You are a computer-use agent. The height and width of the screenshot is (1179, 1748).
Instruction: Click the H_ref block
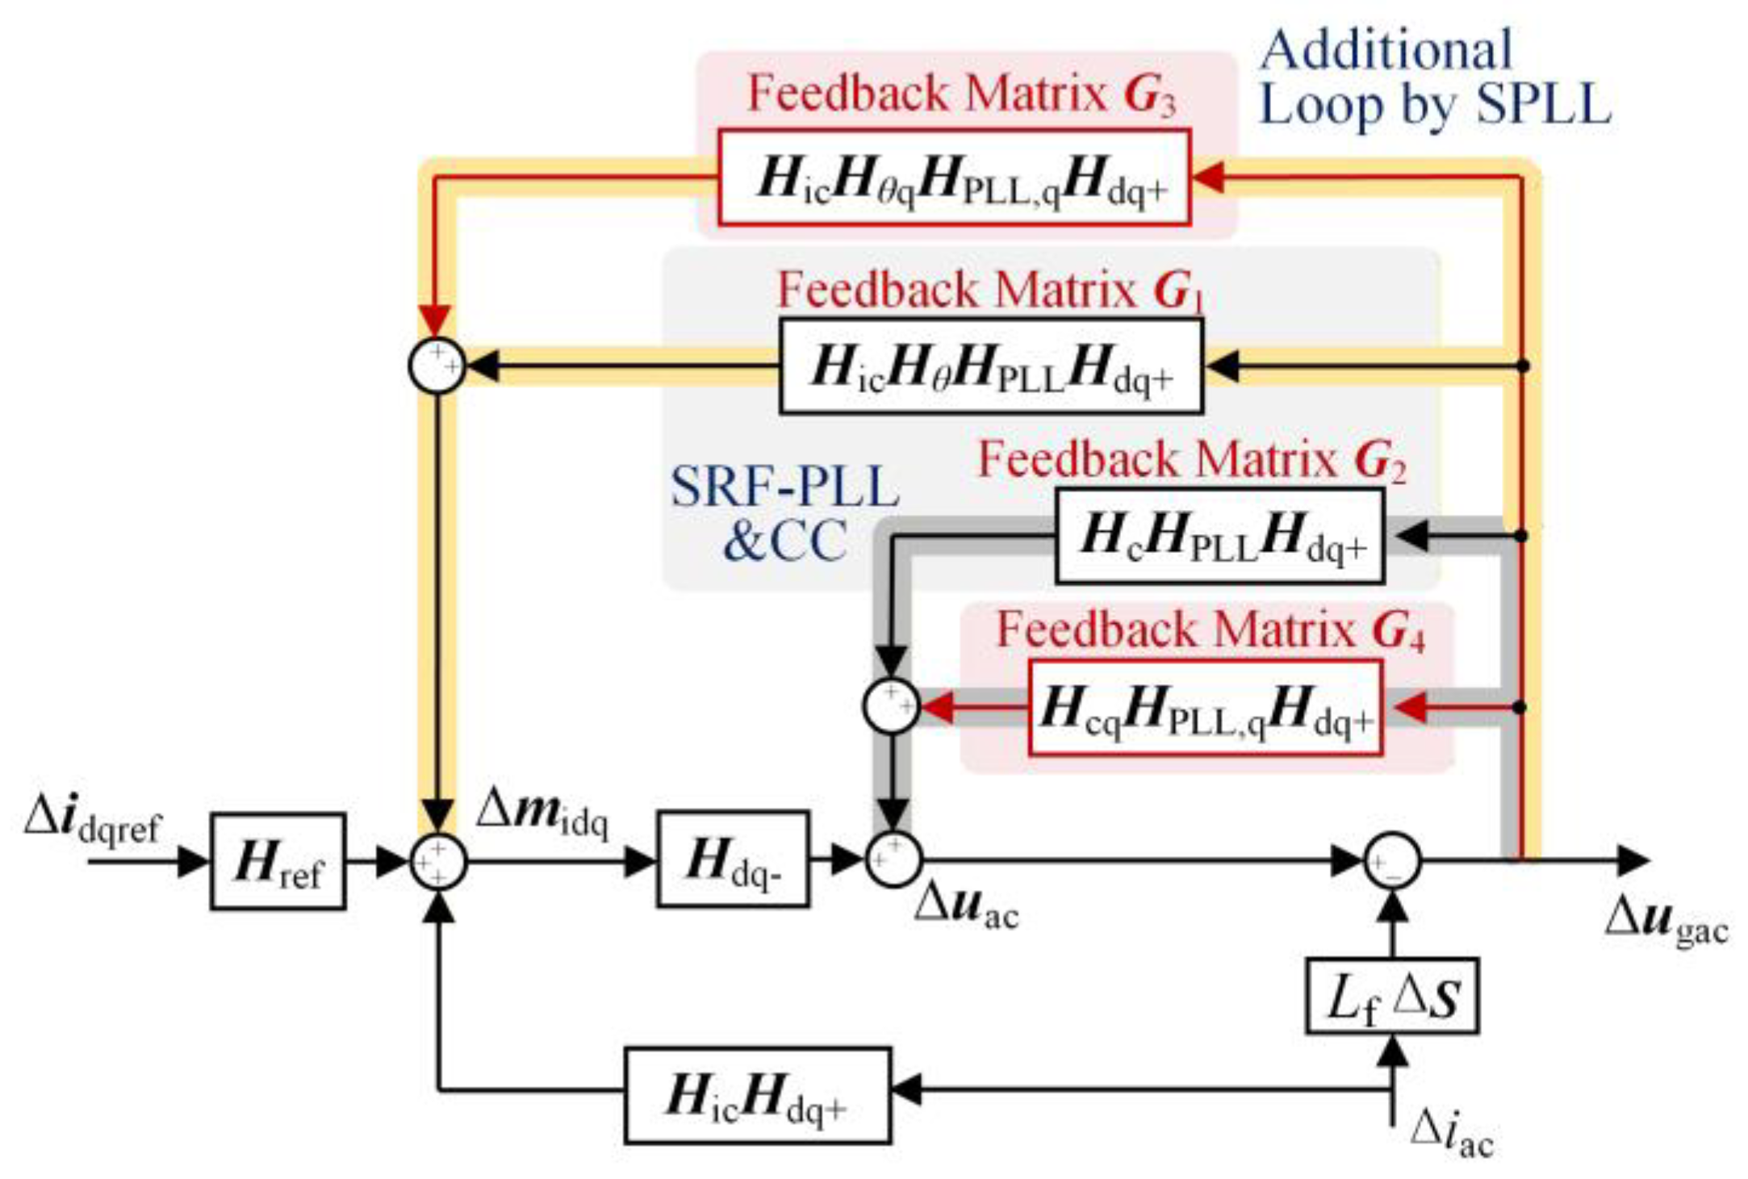point(278,861)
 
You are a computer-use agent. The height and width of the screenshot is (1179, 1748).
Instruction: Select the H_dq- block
point(732,859)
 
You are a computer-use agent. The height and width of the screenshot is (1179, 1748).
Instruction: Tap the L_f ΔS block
point(1392,996)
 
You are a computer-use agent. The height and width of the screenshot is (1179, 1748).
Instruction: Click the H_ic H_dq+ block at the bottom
point(757,1095)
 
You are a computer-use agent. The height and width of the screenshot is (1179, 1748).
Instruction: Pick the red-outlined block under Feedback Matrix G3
point(954,177)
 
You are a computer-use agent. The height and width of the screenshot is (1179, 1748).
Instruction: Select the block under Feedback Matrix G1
point(990,366)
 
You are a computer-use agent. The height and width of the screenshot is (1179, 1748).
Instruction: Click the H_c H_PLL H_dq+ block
point(1219,536)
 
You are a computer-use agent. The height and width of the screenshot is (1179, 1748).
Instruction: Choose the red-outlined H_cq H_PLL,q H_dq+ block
point(1205,708)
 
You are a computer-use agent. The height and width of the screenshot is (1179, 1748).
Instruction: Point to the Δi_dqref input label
point(93,823)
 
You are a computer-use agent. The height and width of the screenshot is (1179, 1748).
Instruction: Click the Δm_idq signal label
point(542,813)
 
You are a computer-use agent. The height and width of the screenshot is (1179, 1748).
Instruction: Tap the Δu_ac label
point(966,909)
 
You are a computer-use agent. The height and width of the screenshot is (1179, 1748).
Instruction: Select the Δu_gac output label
point(1666,921)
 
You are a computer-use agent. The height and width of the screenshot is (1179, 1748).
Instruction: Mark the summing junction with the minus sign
point(1392,861)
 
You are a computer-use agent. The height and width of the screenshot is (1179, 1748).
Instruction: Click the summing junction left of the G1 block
point(437,366)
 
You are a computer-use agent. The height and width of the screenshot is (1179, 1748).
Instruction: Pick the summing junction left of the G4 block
point(891,706)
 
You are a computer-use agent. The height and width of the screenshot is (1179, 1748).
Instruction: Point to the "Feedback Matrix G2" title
point(1191,461)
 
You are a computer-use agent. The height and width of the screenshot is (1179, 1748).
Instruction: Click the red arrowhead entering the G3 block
point(1209,178)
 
